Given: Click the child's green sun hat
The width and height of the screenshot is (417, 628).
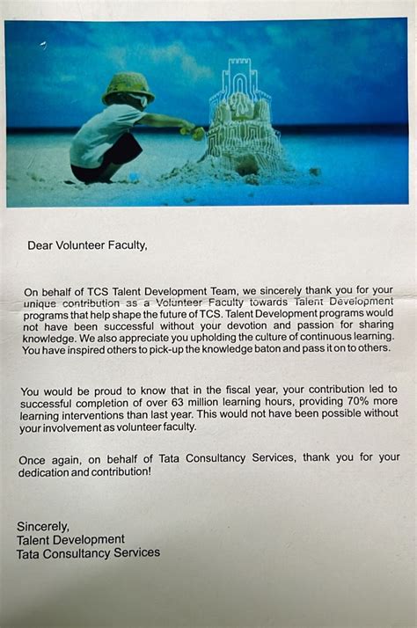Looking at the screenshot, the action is pyautogui.click(x=128, y=86).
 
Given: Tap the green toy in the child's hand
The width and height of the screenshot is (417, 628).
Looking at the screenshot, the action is pyautogui.click(x=193, y=132).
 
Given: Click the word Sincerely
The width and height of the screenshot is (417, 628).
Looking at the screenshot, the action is pyautogui.click(x=43, y=526).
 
